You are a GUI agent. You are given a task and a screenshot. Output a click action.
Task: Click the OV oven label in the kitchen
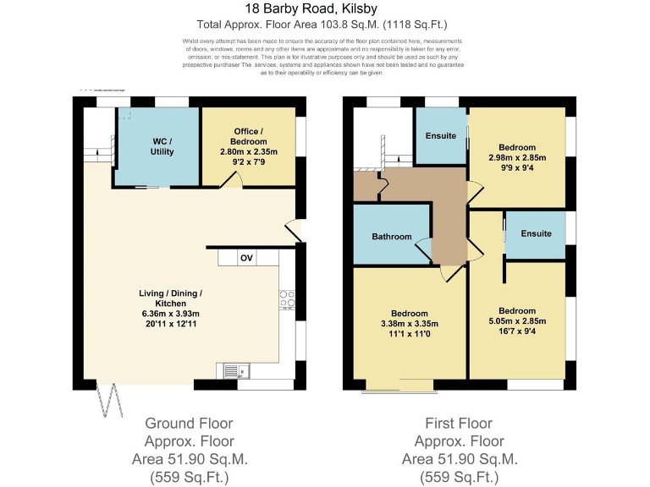pyautogui.click(x=246, y=258)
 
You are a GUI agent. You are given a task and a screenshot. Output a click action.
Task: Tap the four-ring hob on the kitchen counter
pyautogui.click(x=287, y=298)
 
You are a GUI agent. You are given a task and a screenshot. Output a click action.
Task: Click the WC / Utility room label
pyautogui.click(x=162, y=145)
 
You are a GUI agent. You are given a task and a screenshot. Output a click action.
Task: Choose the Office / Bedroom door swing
pyautogui.click(x=232, y=179)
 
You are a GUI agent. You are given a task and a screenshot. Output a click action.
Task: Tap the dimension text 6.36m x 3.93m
pyautogui.click(x=171, y=313)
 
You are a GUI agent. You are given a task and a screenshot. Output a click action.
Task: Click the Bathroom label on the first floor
pyautogui.click(x=392, y=237)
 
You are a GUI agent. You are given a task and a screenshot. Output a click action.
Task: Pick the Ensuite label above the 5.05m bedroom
pyautogui.click(x=536, y=233)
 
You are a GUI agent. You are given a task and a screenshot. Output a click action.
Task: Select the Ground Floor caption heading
pyautogui.click(x=189, y=423)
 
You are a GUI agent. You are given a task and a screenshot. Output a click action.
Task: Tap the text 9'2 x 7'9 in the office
pyautogui.click(x=250, y=161)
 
